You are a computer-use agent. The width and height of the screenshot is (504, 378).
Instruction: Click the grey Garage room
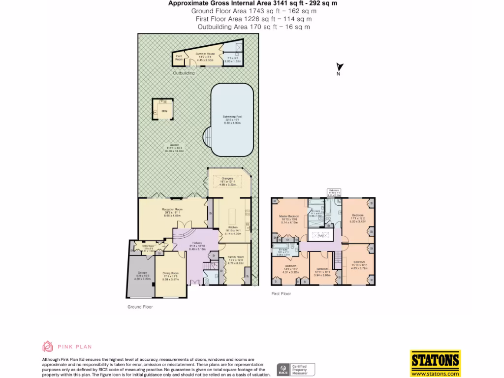[140, 276]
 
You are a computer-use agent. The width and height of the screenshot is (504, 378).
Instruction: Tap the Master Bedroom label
[290, 217]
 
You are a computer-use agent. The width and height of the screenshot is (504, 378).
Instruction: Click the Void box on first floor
[321, 235]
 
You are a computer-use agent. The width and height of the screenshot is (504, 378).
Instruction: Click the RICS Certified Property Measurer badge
[295, 369]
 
